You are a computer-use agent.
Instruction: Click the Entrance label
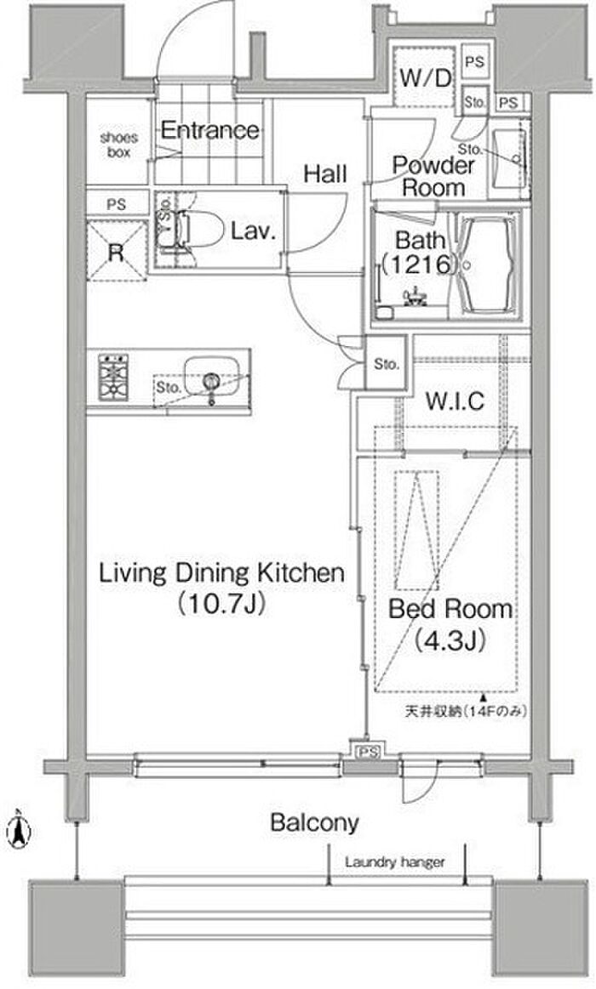click(209, 131)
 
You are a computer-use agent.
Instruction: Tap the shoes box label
click(118, 145)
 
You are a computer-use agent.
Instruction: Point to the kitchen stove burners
click(113, 377)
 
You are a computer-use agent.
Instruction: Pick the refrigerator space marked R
click(116, 250)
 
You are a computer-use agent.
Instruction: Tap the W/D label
click(426, 78)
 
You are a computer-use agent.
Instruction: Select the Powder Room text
click(433, 176)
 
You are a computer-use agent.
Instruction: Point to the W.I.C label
click(455, 401)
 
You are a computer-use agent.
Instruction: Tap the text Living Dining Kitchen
click(222, 573)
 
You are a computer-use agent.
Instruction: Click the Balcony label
click(314, 821)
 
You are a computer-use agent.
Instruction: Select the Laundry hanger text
click(394, 862)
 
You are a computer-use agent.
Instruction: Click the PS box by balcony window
click(369, 751)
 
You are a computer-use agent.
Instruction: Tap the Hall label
click(325, 174)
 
